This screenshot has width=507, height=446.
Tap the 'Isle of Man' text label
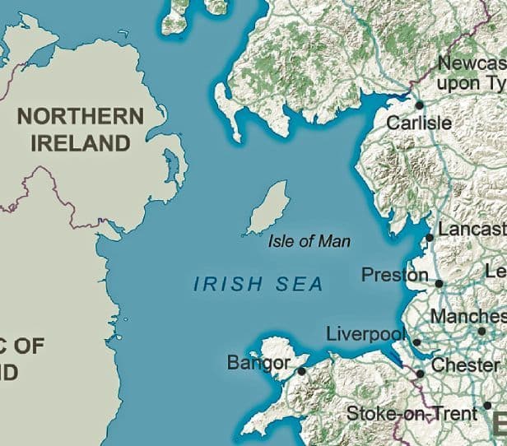(x=309, y=242)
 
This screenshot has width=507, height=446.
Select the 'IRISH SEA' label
(x=258, y=285)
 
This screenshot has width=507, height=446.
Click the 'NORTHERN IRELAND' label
(x=80, y=129)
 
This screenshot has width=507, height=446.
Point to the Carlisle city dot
(x=419, y=105)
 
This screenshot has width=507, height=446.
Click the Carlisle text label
(x=419, y=123)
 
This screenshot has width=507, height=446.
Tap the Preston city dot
(x=440, y=284)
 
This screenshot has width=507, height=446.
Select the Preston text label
(x=395, y=275)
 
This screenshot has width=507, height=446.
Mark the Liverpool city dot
(x=416, y=342)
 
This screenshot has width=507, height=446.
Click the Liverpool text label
(x=366, y=335)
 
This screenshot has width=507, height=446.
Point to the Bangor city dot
(x=302, y=371)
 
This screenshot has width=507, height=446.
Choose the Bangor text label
(x=258, y=363)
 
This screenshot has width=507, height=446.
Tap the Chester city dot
(x=421, y=374)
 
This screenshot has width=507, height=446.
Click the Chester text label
(x=465, y=365)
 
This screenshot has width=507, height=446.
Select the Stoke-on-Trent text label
(x=412, y=413)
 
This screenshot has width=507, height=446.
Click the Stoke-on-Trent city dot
(x=487, y=406)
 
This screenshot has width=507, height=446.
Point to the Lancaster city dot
(x=430, y=238)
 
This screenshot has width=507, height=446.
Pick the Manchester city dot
(x=482, y=331)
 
